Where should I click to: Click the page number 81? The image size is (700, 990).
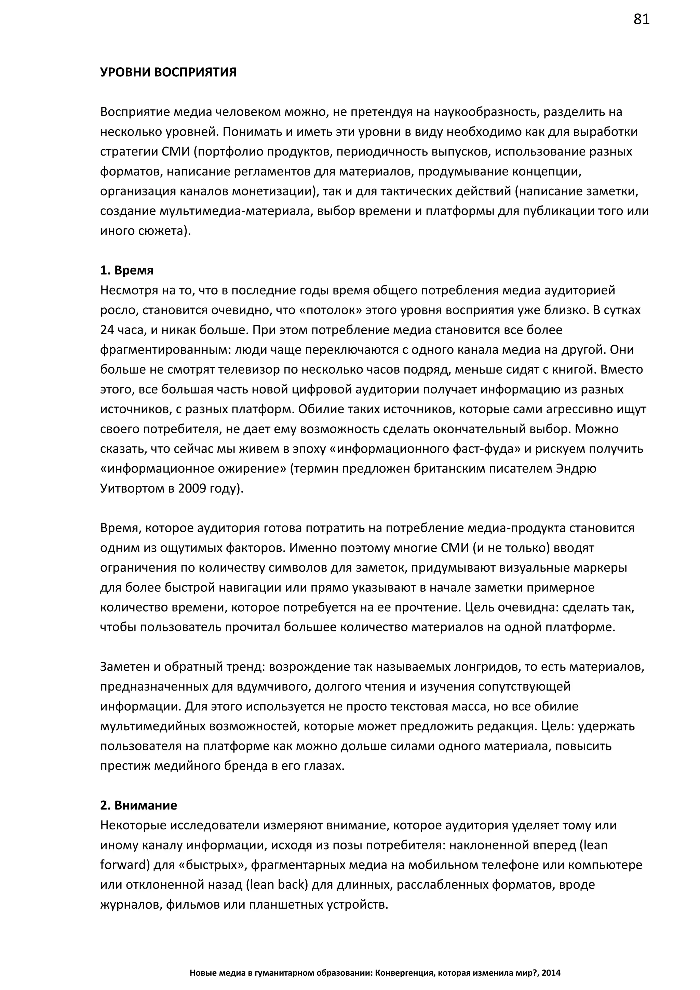(x=641, y=20)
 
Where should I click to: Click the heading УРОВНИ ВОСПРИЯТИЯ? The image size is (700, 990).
(x=168, y=72)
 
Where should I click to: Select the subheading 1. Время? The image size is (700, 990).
(x=127, y=270)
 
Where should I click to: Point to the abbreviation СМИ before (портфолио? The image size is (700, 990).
(x=174, y=152)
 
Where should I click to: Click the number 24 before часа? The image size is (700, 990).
(x=107, y=330)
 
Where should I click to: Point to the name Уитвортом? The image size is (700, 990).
(x=131, y=489)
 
